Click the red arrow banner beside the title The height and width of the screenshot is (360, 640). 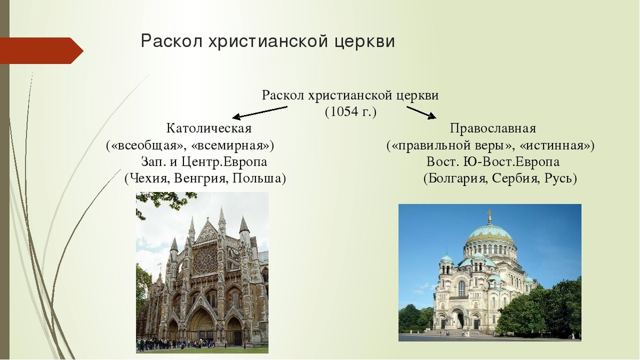(x=42, y=51)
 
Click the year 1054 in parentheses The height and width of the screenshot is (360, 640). (x=350, y=111)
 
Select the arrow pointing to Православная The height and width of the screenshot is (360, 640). (x=421, y=113)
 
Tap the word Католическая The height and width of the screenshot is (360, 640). (x=209, y=129)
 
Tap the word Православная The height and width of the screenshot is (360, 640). (x=493, y=129)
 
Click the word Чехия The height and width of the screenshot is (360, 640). (x=148, y=179)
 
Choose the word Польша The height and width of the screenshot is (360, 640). (x=259, y=179)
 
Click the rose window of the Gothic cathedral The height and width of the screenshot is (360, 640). (x=206, y=259)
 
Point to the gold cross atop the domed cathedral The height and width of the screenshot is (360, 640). (x=490, y=215)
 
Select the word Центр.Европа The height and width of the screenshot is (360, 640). (x=224, y=162)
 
